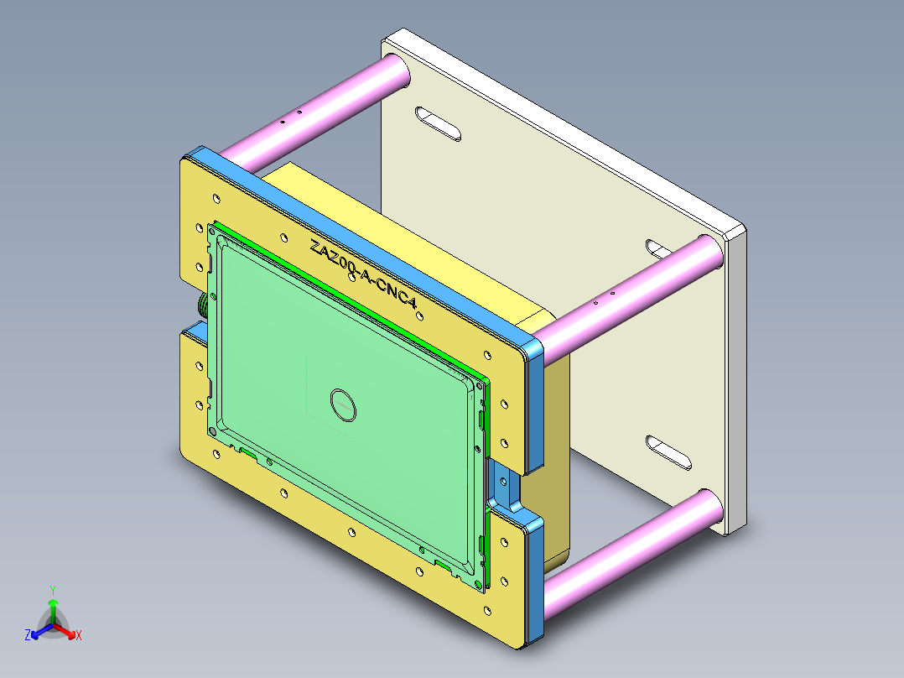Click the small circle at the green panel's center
(344, 404)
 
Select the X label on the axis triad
(78, 635)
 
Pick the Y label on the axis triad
(53, 590)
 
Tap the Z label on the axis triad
(28, 635)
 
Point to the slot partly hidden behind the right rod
(659, 248)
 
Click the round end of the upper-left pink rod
(395, 71)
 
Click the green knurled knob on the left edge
(202, 306)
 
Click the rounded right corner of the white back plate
(735, 228)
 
